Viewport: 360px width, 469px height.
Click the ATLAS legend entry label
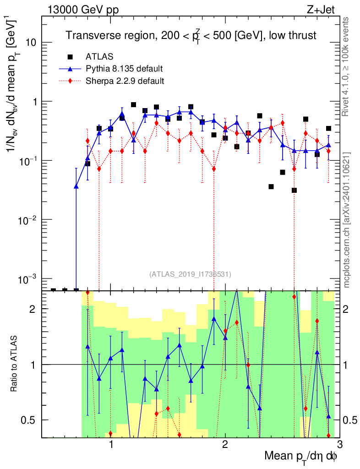pos(99,56)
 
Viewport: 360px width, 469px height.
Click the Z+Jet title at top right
pos(321,10)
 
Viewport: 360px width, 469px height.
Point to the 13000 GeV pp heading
pos(83,10)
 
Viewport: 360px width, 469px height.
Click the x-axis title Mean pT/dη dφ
pos(300,456)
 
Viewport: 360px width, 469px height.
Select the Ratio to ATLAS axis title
pos(14,364)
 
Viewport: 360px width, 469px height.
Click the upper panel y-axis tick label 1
pos(33,102)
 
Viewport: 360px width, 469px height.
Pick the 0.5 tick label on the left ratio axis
pos(29,420)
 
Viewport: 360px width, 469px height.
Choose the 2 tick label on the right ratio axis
pos(346,309)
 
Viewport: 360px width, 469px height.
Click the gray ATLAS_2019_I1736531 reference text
pos(190,274)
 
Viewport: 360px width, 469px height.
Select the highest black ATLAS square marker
pos(133,105)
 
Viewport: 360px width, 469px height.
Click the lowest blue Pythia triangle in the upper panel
pos(76,186)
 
